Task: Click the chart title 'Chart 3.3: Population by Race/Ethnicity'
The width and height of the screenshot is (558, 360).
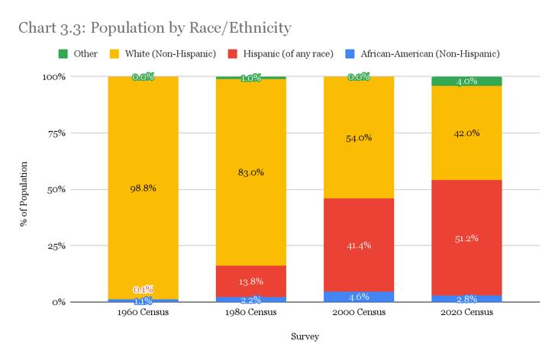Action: point(155,28)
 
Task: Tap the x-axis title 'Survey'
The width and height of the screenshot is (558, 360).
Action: point(305,335)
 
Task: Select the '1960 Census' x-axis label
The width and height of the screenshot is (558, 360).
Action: point(143,312)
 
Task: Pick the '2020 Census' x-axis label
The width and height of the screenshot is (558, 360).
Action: point(466,312)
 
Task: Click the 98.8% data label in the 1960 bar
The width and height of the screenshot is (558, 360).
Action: point(143,188)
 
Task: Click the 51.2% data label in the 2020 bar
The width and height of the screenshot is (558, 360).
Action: point(466,239)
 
